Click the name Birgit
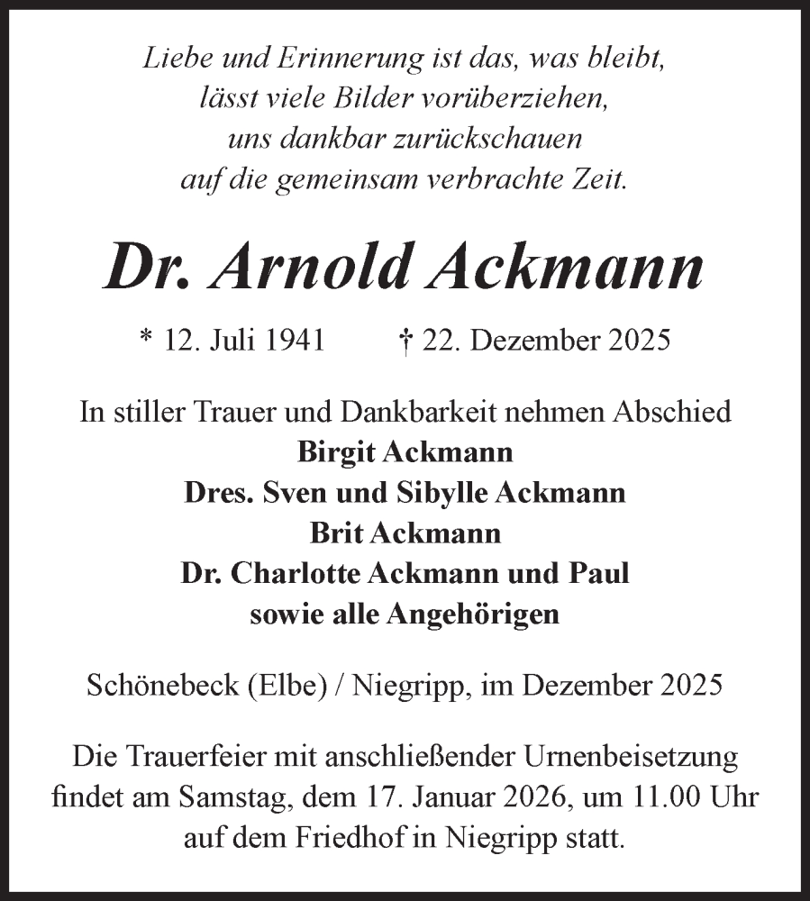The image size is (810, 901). [x=334, y=452]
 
